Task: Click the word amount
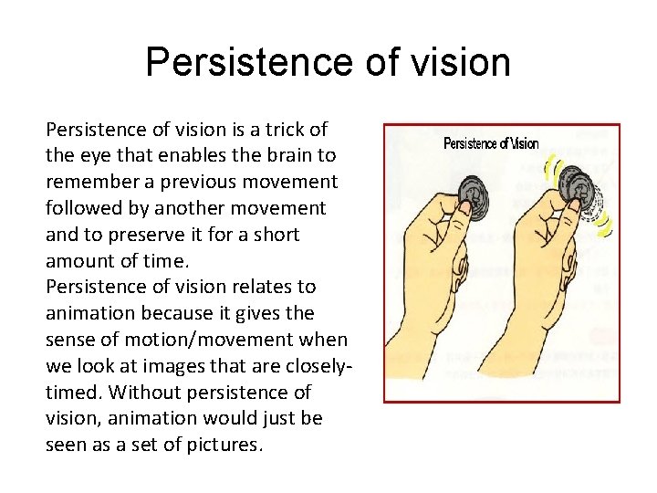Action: pyautogui.click(x=79, y=260)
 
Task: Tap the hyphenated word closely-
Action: pyautogui.click(x=315, y=366)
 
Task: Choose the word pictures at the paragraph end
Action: pyautogui.click(x=224, y=446)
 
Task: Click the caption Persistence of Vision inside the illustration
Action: pyautogui.click(x=491, y=143)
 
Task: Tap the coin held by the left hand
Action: pyautogui.click(x=474, y=193)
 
